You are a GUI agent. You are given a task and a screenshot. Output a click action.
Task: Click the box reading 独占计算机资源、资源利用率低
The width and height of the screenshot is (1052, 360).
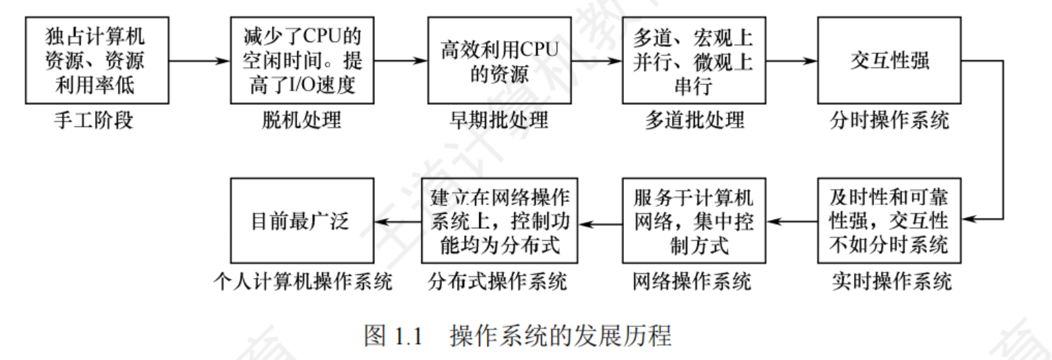point(96,61)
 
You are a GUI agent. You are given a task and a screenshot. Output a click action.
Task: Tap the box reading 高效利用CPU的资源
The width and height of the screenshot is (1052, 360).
point(499,61)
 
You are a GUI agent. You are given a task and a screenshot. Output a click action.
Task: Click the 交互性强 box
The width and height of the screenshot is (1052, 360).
point(890,61)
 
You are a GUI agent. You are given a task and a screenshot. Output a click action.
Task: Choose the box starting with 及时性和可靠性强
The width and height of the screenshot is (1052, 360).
point(890,221)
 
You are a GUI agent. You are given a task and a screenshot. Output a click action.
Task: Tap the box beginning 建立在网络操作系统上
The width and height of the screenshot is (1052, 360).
point(499,221)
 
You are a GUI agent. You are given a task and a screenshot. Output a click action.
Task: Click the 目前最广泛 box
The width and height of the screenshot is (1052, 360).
point(302,221)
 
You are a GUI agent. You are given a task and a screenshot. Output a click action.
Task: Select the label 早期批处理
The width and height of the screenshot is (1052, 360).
point(499,121)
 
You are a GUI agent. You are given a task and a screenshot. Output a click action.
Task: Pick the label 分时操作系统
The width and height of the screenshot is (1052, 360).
point(890,121)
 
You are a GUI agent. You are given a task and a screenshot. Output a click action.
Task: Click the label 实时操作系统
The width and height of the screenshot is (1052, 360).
point(890,281)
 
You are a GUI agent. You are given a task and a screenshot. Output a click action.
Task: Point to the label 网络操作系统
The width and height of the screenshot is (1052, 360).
point(692,281)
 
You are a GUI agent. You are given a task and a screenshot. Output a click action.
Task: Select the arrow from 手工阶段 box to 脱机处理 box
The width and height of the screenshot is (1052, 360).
point(199,61)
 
